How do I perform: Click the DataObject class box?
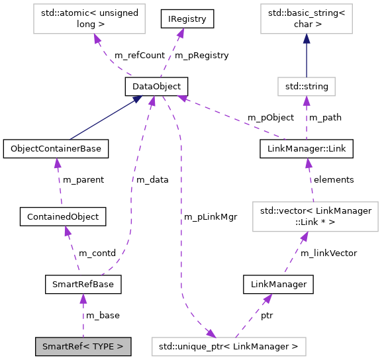[x=157, y=86]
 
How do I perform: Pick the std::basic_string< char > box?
[x=306, y=19]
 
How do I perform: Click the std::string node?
[x=306, y=86]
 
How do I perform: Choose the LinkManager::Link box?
[x=306, y=149]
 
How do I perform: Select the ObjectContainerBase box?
[x=56, y=149]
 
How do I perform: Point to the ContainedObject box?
[x=64, y=216]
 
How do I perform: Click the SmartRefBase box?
[x=83, y=285]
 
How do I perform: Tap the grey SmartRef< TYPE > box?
[x=83, y=345]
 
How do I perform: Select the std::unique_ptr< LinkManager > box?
[x=228, y=345]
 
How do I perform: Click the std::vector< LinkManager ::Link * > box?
[x=315, y=216]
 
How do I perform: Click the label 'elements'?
[x=334, y=179]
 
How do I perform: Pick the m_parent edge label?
[x=83, y=179]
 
